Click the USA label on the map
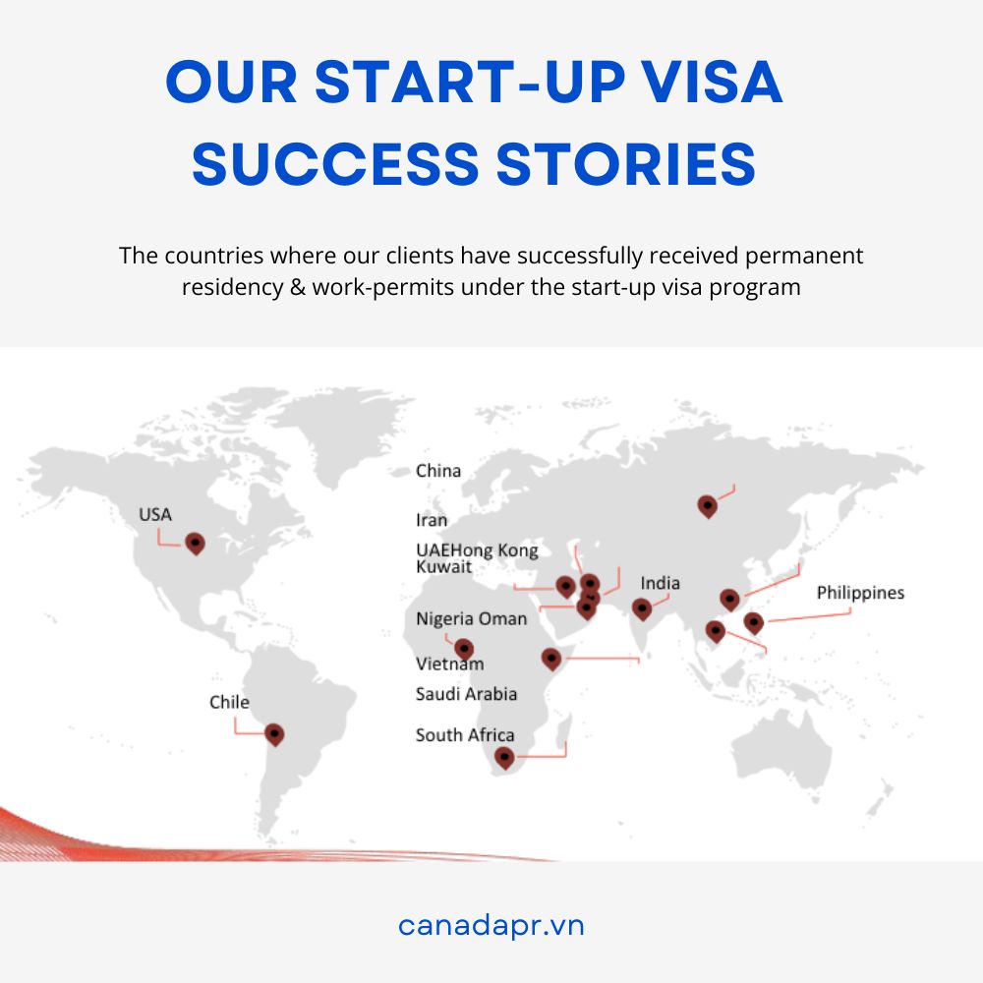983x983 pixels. pyautogui.click(x=155, y=515)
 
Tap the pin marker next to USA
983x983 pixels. pyautogui.click(x=195, y=544)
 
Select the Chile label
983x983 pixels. pyautogui.click(x=229, y=702)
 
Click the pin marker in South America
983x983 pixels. pyautogui.click(x=274, y=734)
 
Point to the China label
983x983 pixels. pyautogui.click(x=438, y=471)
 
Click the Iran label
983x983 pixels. pyautogui.click(x=432, y=520)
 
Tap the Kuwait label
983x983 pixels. pyautogui.click(x=443, y=567)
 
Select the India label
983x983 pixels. pyautogui.click(x=661, y=584)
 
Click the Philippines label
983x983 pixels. pyautogui.click(x=860, y=593)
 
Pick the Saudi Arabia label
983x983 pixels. pyautogui.click(x=466, y=694)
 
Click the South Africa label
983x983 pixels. pyautogui.click(x=465, y=734)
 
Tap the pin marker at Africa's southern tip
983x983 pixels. pyautogui.click(x=504, y=758)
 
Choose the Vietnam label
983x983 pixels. pyautogui.click(x=449, y=664)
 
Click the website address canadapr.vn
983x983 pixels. pyautogui.click(x=491, y=925)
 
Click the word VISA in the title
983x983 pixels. pyautogui.click(x=714, y=82)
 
